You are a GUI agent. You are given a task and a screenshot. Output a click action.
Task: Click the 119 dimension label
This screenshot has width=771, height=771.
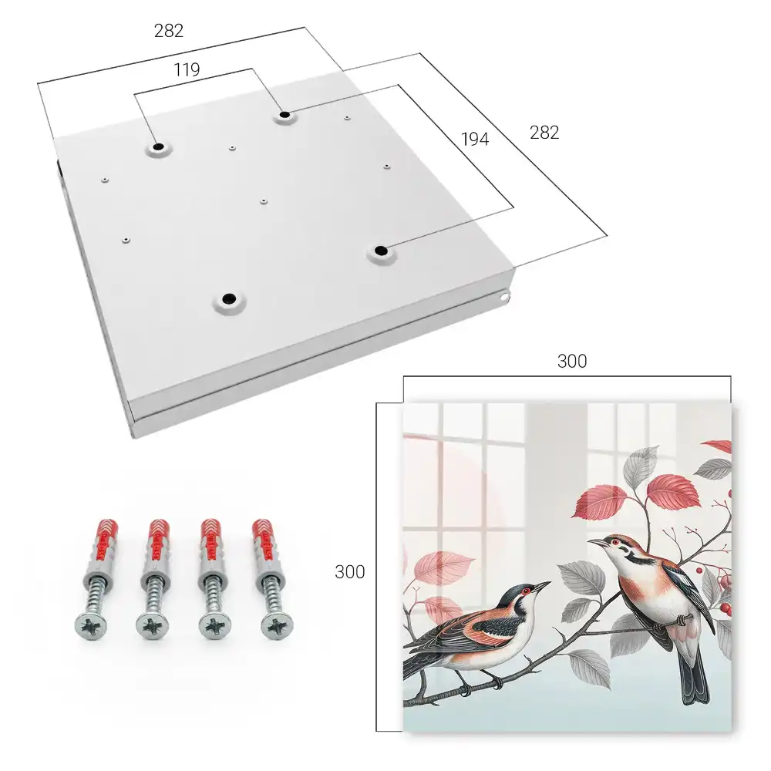187,70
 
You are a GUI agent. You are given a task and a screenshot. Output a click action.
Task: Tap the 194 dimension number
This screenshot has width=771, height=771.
475,140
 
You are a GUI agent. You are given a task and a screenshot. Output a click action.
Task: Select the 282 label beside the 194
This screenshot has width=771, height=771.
544,133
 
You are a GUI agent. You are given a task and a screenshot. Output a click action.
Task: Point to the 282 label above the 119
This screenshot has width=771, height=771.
169,31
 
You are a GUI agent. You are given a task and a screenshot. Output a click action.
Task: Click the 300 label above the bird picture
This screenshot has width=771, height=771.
572,362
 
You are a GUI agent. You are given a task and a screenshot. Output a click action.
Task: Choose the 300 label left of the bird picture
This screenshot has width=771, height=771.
349,572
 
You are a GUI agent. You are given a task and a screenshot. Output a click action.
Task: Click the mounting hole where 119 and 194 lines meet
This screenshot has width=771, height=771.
284,116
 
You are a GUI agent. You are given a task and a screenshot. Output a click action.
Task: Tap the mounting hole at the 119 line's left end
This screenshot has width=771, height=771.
158,146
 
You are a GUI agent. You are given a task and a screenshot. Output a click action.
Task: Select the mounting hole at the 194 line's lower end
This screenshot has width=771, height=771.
381,251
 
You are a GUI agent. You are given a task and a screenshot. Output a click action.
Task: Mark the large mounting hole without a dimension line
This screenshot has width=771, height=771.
229,298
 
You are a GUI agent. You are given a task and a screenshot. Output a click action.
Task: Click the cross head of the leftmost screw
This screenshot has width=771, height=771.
90,626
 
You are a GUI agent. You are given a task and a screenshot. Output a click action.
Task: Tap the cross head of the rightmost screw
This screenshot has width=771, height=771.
277,625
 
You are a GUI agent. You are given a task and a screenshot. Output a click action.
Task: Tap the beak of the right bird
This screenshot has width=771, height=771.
596,542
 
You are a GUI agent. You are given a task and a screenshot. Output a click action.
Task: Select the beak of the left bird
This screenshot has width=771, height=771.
541,586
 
